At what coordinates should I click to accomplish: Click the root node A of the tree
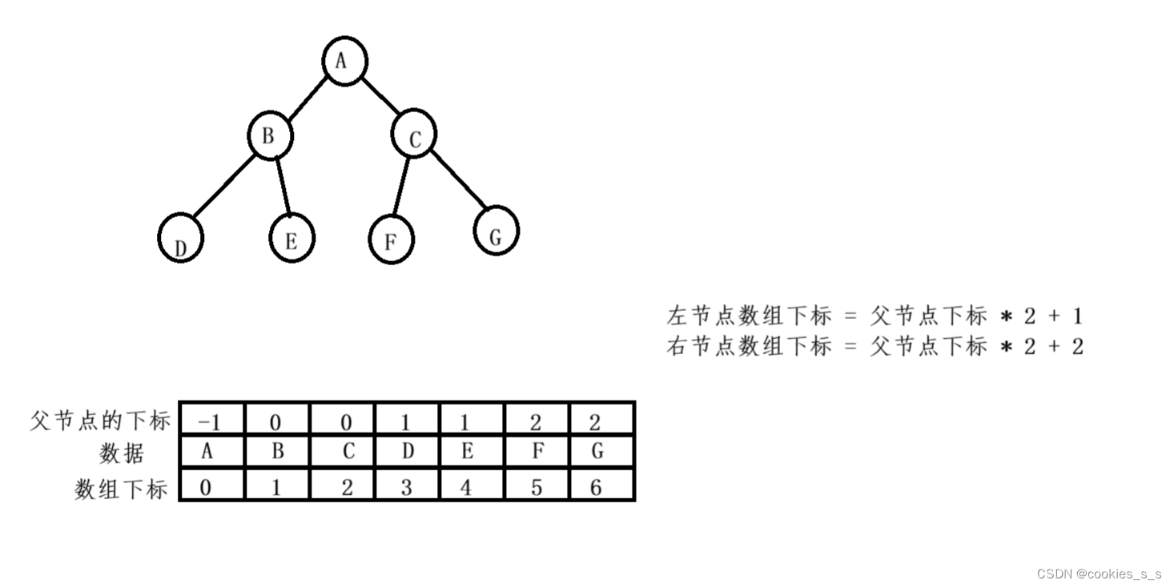344,60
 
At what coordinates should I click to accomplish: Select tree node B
270,136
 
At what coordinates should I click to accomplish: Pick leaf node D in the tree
180,239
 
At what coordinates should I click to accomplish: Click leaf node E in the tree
291,238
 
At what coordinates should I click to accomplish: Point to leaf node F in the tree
391,239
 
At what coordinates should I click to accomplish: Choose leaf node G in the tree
496,231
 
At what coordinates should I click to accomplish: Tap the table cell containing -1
211,420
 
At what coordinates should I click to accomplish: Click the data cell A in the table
207,452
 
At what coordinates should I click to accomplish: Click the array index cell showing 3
407,486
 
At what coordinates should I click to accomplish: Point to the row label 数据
122,453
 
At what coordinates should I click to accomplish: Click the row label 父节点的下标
100,420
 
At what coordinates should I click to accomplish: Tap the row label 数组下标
121,488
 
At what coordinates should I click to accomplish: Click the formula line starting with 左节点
874,316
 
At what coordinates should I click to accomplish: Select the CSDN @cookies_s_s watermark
1099,574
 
